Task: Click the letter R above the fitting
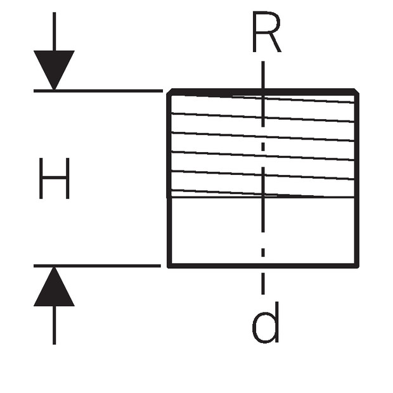[x=267, y=32]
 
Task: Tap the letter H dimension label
[x=54, y=178]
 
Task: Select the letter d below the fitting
[x=266, y=322]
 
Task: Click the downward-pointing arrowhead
[x=54, y=70]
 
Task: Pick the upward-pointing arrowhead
[x=54, y=287]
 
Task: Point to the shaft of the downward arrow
[x=54, y=31]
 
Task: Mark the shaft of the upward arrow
[x=54, y=325]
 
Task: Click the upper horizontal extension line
[x=98, y=91]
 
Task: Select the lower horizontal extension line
[x=97, y=266]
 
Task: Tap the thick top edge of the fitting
[x=263, y=92]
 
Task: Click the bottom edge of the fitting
[x=263, y=266]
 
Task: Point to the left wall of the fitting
[x=169, y=179]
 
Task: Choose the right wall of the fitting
[x=357, y=179]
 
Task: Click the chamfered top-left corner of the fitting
[x=169, y=91]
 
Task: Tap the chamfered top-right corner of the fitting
[x=357, y=91]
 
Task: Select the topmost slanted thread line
[x=263, y=98]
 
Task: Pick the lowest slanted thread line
[x=263, y=194]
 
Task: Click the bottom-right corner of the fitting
[x=358, y=267]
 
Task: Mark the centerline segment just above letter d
[x=263, y=284]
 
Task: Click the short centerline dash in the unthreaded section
[x=263, y=252]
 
